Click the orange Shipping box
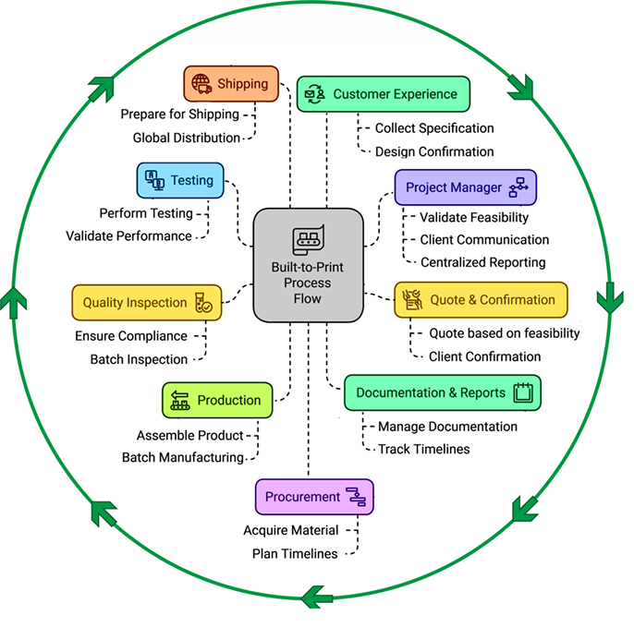tap(231, 84)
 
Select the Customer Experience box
tap(384, 94)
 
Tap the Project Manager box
tap(465, 187)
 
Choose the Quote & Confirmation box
tap(481, 300)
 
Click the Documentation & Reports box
tap(443, 392)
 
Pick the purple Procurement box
tap(314, 497)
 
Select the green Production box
tap(217, 400)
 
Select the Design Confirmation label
tap(434, 151)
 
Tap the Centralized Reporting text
tap(483, 262)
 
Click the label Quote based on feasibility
tap(505, 333)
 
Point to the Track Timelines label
tap(424, 449)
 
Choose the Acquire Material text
tap(291, 530)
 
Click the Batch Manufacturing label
tap(183, 457)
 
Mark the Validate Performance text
tap(129, 235)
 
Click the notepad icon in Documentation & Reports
tap(524, 392)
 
